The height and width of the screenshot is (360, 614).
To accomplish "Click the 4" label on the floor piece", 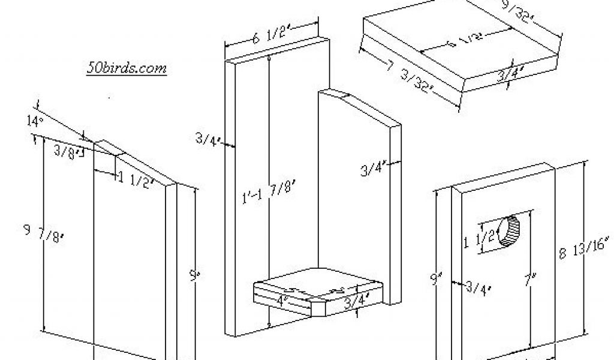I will [x=281, y=299].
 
